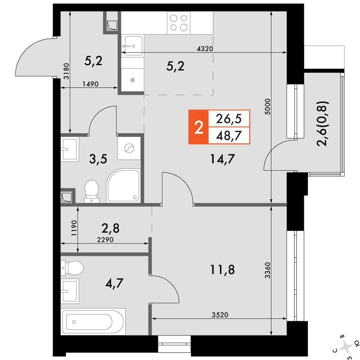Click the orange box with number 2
[x=198, y=127]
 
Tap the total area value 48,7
[x=229, y=136]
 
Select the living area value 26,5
[x=229, y=119]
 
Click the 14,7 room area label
[x=222, y=159]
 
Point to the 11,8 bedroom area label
[x=222, y=270]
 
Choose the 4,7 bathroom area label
[x=114, y=283]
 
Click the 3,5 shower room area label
[x=98, y=159]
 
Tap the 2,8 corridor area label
[x=111, y=229]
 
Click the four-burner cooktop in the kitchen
[x=179, y=23]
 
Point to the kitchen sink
[x=133, y=46]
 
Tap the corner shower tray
[x=123, y=186]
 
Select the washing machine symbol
[x=129, y=148]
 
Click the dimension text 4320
[x=205, y=49]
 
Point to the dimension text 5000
[x=268, y=107]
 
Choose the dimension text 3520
[x=220, y=315]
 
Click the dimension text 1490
[x=90, y=84]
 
